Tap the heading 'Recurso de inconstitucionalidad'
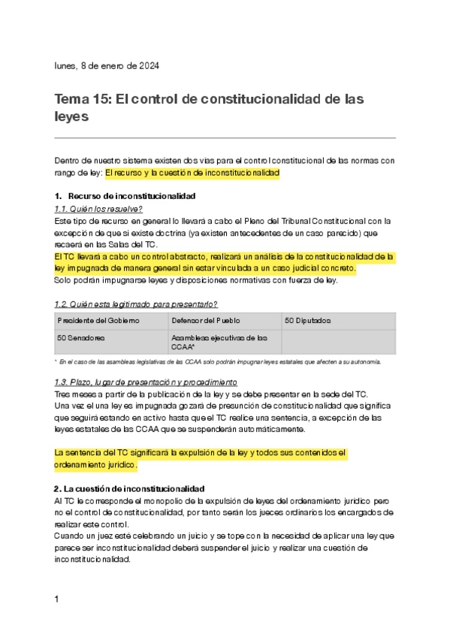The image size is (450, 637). (131, 196)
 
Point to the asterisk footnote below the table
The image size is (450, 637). (218, 361)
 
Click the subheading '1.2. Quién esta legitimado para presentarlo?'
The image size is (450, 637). (137, 304)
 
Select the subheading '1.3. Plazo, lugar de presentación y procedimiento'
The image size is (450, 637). (146, 382)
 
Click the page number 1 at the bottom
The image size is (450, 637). (57, 599)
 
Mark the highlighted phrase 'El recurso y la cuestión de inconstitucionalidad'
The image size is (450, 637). (192, 173)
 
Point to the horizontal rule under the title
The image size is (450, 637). (225, 138)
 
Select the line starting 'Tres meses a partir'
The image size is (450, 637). (211, 394)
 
